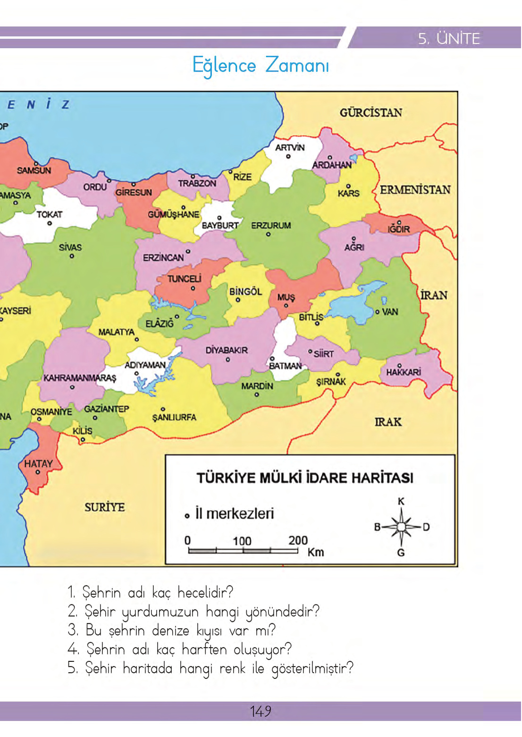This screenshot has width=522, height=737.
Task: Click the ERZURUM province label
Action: pyautogui.click(x=270, y=225)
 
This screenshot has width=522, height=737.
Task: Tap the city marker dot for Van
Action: pyautogui.click(x=377, y=312)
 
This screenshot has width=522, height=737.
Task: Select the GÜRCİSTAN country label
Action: pyautogui.click(x=370, y=112)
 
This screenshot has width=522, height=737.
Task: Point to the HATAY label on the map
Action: pyautogui.click(x=38, y=463)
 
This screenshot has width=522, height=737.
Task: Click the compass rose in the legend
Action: pyautogui.click(x=401, y=527)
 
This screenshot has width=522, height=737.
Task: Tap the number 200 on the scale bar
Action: pyautogui.click(x=298, y=540)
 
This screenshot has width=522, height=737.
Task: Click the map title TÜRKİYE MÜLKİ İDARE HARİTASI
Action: pyautogui.click(x=305, y=478)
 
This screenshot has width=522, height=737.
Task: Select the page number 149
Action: pyautogui.click(x=261, y=711)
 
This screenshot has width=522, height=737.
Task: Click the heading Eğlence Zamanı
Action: pyautogui.click(x=261, y=65)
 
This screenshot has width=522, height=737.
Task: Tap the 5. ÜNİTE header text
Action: pyautogui.click(x=448, y=38)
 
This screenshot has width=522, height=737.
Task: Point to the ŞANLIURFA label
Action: pyautogui.click(x=174, y=417)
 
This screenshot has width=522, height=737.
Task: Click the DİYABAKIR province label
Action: pyautogui.click(x=227, y=350)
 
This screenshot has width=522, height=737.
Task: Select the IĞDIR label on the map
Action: pyautogui.click(x=399, y=229)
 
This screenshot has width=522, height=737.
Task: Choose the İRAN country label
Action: pyautogui.click(x=434, y=295)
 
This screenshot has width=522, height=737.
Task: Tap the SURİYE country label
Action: pyautogui.click(x=105, y=507)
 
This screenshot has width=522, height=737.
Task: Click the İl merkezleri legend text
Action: pyautogui.click(x=235, y=514)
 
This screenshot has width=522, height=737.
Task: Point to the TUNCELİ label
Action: pyautogui.click(x=184, y=279)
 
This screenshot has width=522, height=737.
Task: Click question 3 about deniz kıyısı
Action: pyautogui.click(x=172, y=630)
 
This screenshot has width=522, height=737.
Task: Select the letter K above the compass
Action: pyautogui.click(x=401, y=501)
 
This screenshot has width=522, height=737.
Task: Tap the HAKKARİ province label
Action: pyautogui.click(x=403, y=372)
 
